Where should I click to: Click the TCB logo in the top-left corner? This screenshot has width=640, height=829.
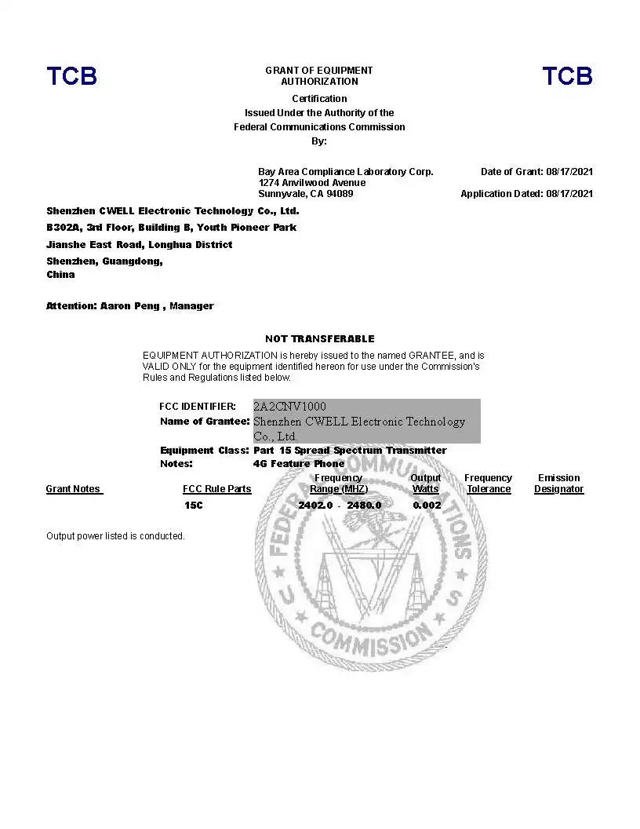(x=71, y=76)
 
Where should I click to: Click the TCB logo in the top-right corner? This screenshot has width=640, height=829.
(x=567, y=76)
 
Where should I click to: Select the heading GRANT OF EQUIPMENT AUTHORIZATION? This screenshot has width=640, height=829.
(x=319, y=75)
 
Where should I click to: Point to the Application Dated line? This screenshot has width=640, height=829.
(x=526, y=194)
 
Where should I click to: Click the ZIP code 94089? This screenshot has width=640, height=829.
(x=340, y=194)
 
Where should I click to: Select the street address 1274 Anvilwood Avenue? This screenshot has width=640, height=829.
(x=311, y=183)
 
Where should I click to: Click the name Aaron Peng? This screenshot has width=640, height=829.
(x=129, y=306)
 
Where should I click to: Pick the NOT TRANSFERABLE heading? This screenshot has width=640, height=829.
(x=319, y=339)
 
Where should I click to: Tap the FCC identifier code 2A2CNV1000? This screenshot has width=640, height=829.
(x=289, y=407)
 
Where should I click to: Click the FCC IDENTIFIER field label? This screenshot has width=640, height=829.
(x=197, y=407)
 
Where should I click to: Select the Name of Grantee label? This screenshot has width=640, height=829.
(x=204, y=422)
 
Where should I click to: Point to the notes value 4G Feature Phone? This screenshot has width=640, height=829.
(x=299, y=463)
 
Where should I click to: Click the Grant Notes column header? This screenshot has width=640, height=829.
(x=74, y=489)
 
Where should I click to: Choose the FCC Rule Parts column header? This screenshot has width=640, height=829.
(x=216, y=489)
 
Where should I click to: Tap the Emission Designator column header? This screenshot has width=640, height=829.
(x=558, y=484)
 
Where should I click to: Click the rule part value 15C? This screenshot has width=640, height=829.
(x=193, y=506)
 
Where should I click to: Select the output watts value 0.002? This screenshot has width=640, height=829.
(x=427, y=506)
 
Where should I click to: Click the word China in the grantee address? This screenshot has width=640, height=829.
(x=60, y=275)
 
